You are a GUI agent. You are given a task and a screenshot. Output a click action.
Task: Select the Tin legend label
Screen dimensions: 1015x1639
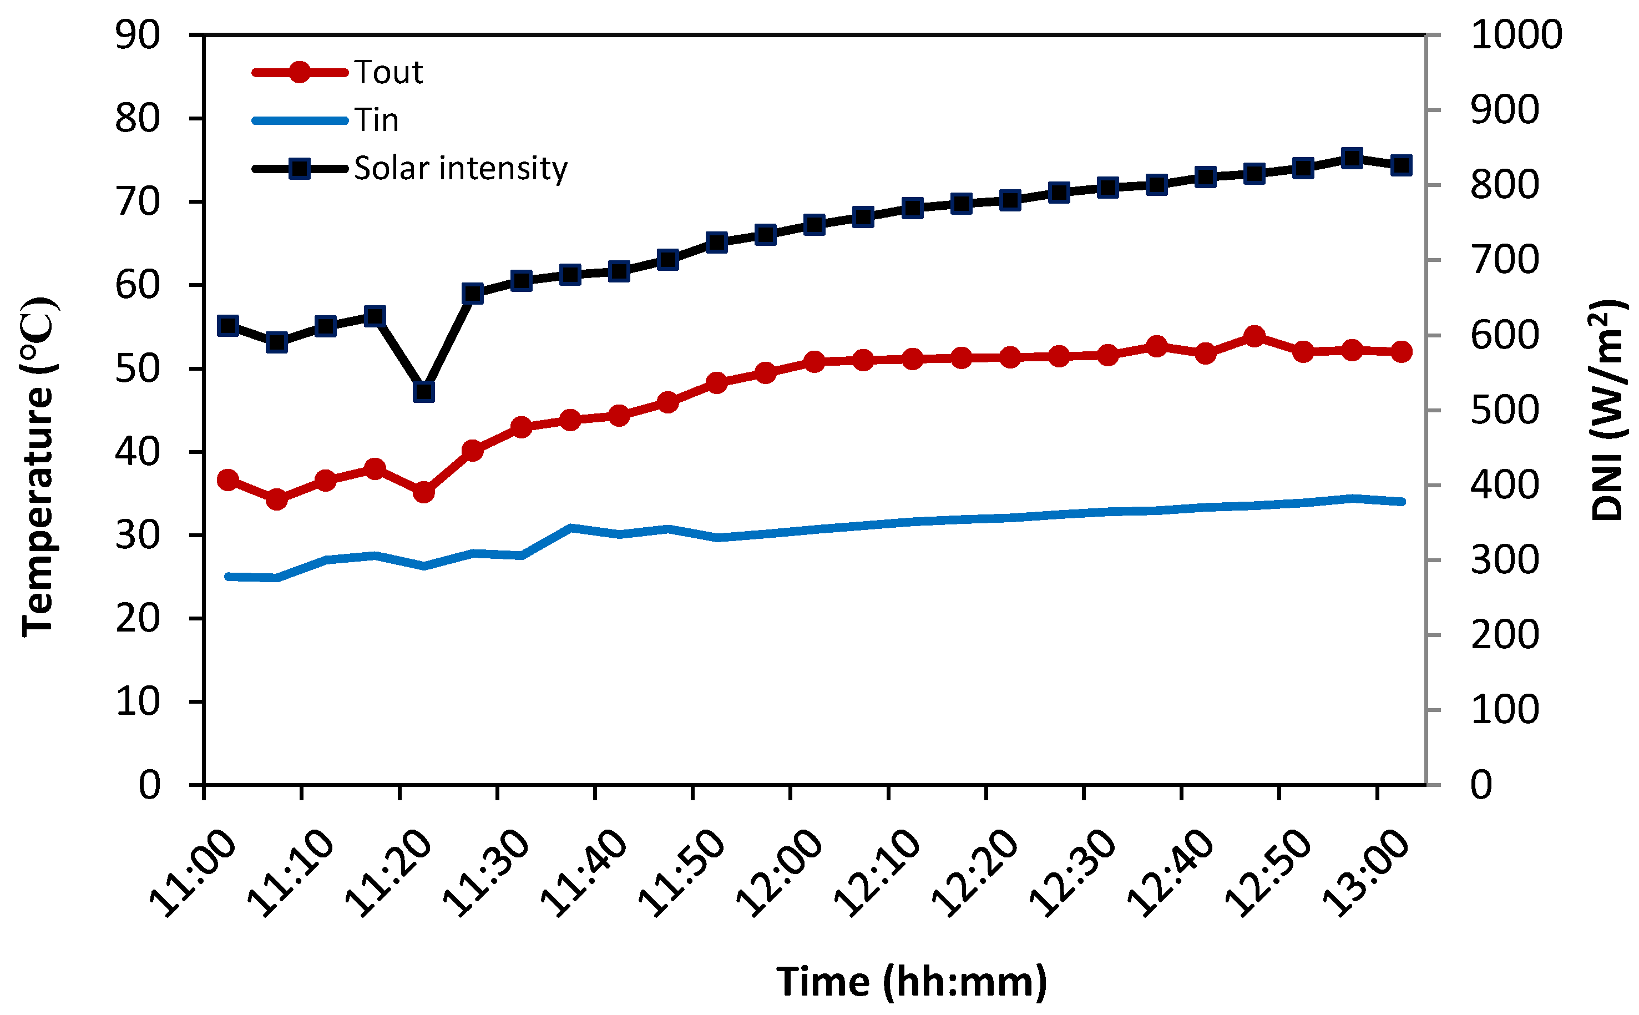coord(377,121)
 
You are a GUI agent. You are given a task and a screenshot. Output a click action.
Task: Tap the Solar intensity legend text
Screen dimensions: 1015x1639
coord(461,168)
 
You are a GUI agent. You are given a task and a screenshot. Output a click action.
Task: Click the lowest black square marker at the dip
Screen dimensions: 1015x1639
coord(423,391)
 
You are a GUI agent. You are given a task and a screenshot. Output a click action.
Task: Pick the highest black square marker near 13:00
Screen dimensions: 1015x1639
coord(1352,158)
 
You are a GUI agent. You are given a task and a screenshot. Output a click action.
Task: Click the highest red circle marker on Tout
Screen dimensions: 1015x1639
coord(1254,336)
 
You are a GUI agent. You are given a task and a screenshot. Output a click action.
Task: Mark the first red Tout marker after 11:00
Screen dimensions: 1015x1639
coord(227,480)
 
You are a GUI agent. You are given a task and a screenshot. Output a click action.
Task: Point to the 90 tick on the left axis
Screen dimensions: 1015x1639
coord(138,35)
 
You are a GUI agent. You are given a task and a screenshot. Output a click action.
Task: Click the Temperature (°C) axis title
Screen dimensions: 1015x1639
coord(38,467)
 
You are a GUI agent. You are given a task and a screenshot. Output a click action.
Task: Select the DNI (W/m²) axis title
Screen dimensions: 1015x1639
coord(1606,410)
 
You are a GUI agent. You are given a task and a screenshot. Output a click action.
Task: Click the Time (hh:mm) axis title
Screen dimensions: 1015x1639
coord(912,982)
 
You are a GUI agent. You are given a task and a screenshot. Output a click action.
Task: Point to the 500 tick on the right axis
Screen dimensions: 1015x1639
coord(1504,410)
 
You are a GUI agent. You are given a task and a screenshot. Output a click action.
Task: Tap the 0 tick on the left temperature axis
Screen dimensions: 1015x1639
coord(149,784)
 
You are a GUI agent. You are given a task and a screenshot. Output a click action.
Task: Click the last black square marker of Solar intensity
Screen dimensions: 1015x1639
coord(1401,165)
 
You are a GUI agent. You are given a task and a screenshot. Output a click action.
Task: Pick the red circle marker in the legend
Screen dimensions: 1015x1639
coord(300,72)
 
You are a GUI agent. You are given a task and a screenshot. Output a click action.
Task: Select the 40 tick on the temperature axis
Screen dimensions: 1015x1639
coord(138,452)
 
